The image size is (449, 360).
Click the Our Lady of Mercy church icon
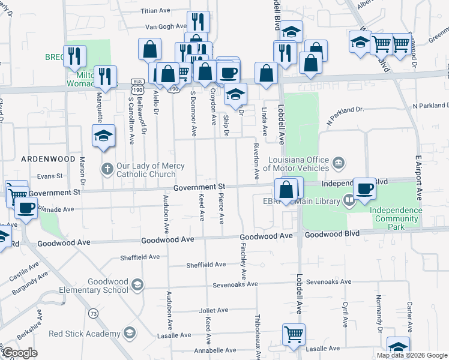point(107,169)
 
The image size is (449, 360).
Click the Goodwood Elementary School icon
point(137,284)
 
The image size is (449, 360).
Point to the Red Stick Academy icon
point(128,333)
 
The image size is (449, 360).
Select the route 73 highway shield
point(93,313)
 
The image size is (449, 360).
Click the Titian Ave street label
point(157,11)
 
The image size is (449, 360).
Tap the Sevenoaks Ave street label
point(231,284)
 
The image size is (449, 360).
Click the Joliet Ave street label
point(214,310)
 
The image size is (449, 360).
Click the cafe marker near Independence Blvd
point(364,188)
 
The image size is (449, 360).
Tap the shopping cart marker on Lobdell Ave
point(294,334)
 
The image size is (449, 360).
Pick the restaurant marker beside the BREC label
point(76,56)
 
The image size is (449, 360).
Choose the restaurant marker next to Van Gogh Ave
point(197,22)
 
